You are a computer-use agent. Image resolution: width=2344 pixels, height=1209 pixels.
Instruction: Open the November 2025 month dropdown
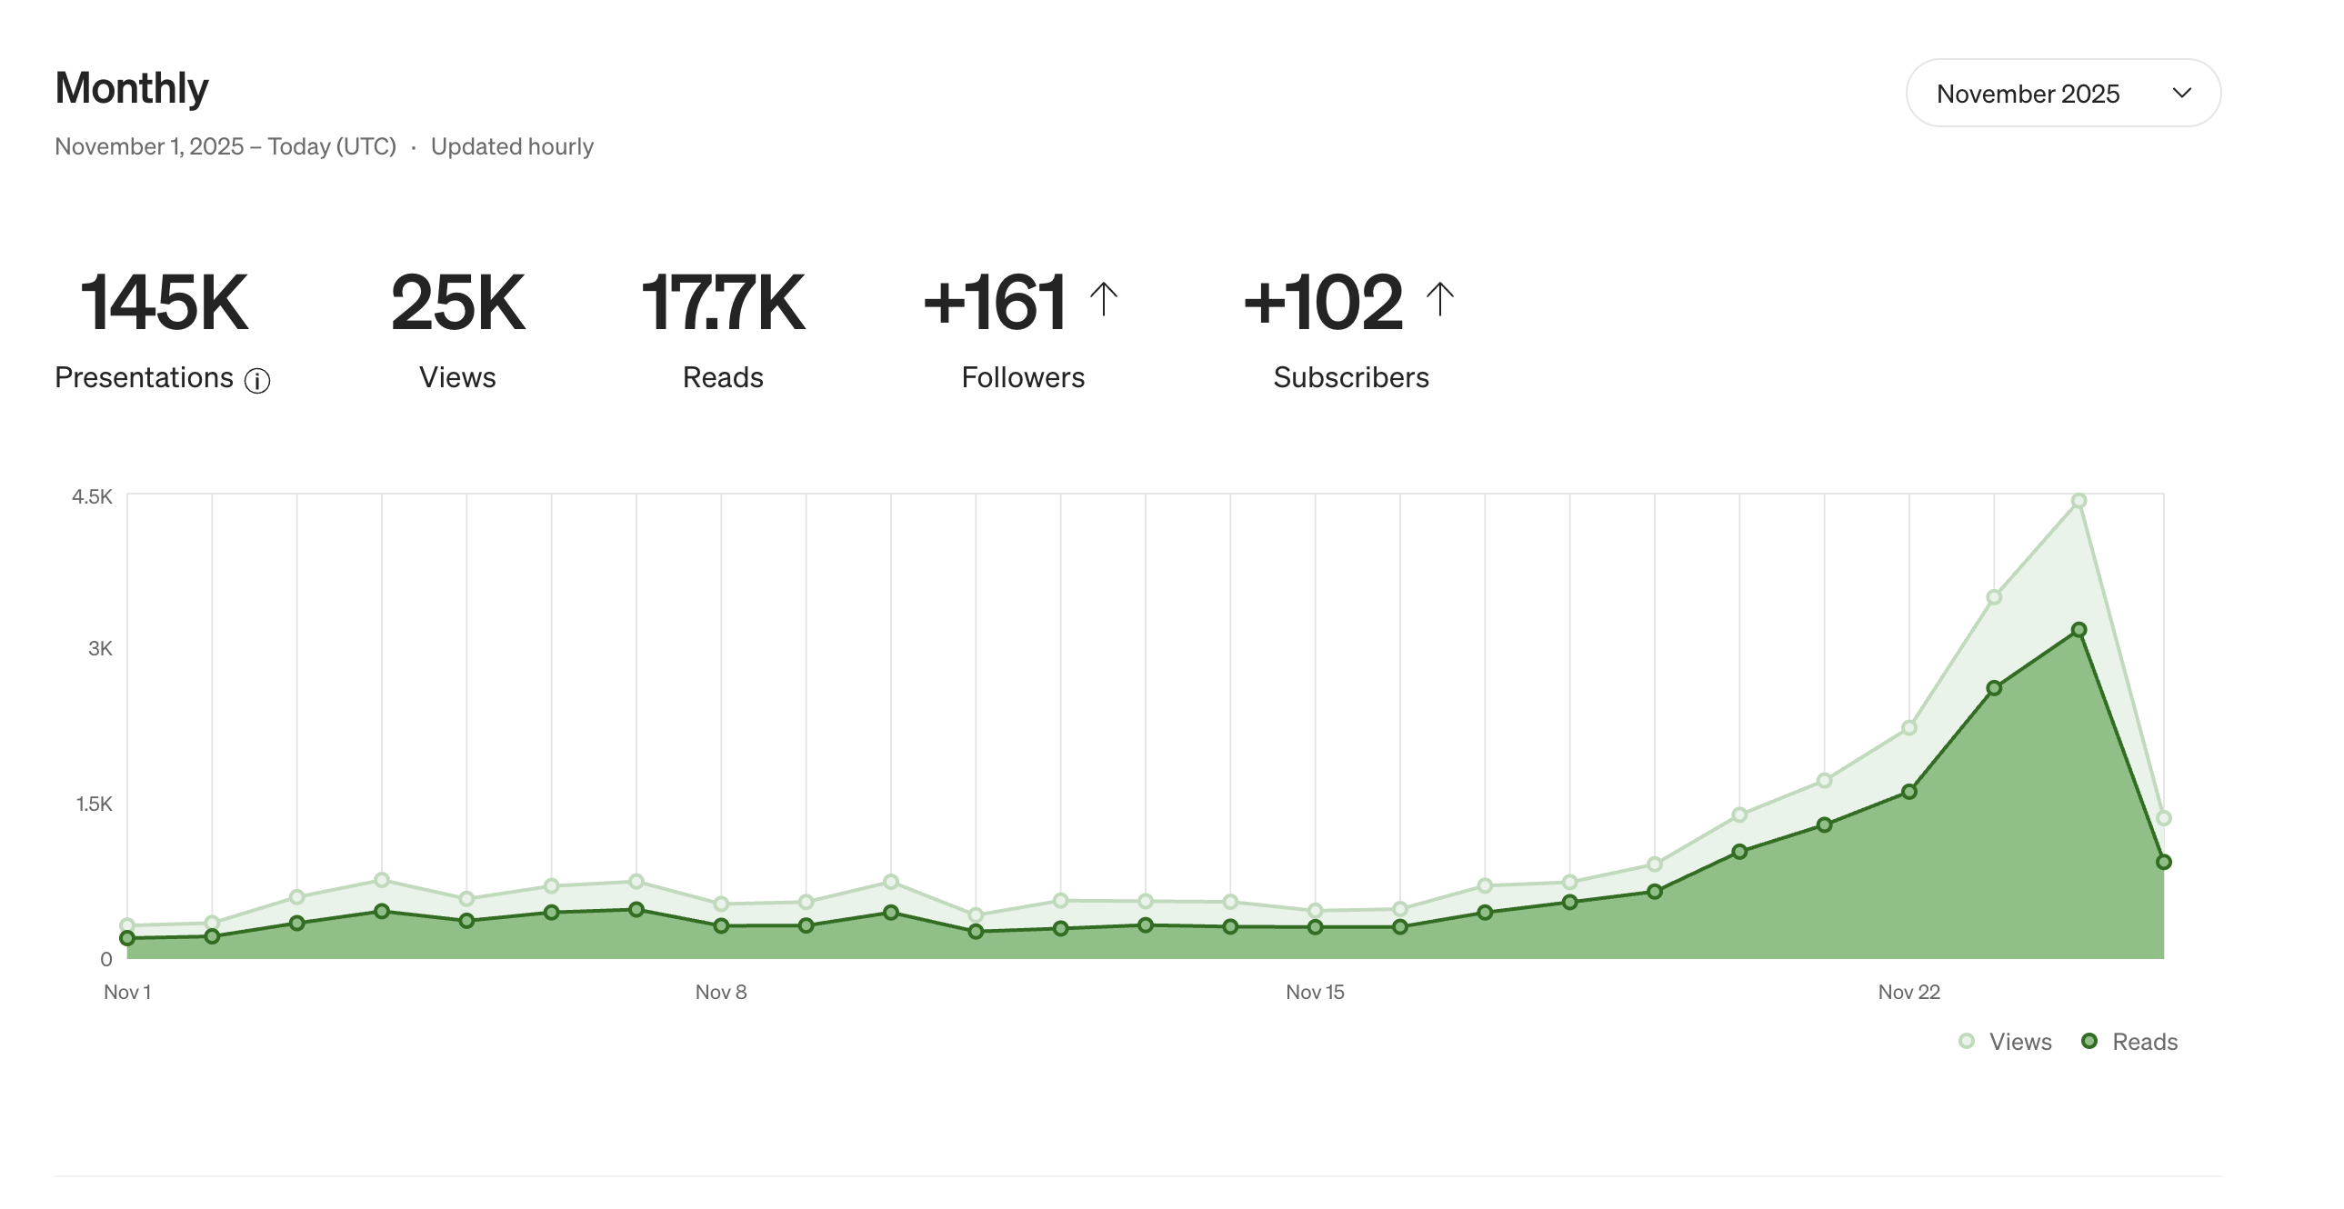(2062, 93)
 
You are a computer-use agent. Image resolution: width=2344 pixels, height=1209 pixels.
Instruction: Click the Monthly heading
(132, 88)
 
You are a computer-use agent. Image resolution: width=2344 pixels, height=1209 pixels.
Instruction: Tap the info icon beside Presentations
(257, 380)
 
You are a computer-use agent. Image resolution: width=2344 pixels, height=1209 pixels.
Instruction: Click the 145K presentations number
(165, 302)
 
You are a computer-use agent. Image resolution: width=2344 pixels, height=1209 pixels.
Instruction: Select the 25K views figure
(457, 302)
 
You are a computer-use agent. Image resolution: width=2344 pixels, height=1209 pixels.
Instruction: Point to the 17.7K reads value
(724, 302)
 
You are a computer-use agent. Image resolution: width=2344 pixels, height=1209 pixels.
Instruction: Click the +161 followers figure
(995, 302)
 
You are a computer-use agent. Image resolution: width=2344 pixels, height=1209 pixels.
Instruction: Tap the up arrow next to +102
(1439, 298)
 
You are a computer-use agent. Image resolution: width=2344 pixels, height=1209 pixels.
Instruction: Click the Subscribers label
(1350, 377)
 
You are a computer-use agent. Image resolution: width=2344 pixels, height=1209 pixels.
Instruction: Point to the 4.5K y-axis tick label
(92, 496)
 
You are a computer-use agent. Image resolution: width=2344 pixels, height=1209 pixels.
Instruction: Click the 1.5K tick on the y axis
(94, 804)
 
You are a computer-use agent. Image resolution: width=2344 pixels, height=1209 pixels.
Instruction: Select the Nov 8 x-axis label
(721, 992)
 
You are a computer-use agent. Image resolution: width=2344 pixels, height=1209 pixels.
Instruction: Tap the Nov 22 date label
(1908, 992)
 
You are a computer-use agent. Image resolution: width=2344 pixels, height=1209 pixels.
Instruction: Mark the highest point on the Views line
(2079, 501)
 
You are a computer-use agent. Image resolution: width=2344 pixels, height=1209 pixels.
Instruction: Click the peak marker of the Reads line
(2079, 630)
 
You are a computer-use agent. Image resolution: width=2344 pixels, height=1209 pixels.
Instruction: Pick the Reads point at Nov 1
(127, 938)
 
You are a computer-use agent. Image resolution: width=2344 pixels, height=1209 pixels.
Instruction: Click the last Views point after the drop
(2164, 818)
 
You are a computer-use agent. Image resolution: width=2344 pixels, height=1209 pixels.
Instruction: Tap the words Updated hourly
(511, 146)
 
